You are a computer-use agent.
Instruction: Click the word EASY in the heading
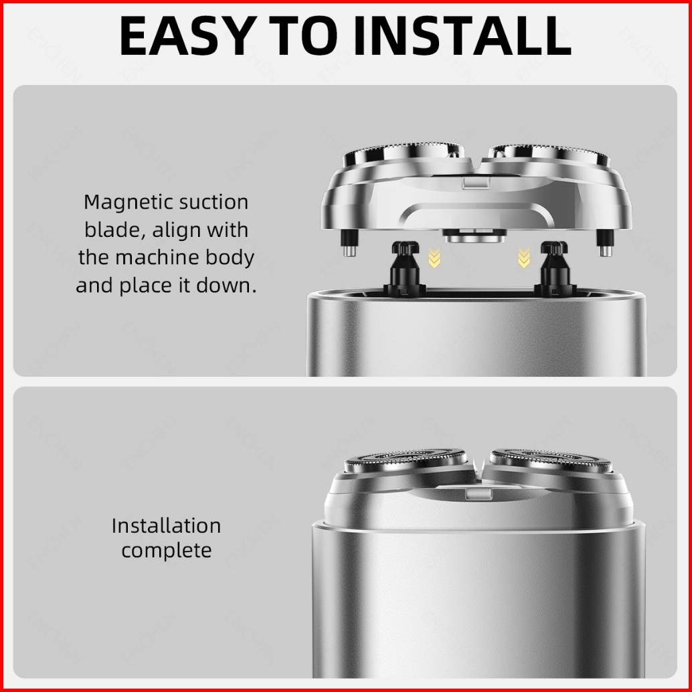tap(188, 35)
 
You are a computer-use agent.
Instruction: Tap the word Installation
tap(166, 525)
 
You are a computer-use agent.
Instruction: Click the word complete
tap(167, 550)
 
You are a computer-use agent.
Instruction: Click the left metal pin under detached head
tap(349, 243)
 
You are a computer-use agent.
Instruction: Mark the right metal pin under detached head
tap(605, 243)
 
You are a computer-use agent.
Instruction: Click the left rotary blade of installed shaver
tap(405, 460)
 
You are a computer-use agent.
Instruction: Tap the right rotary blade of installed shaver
tap(551, 460)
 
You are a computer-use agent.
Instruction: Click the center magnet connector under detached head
tap(475, 236)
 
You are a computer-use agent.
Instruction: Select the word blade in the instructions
tap(111, 230)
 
